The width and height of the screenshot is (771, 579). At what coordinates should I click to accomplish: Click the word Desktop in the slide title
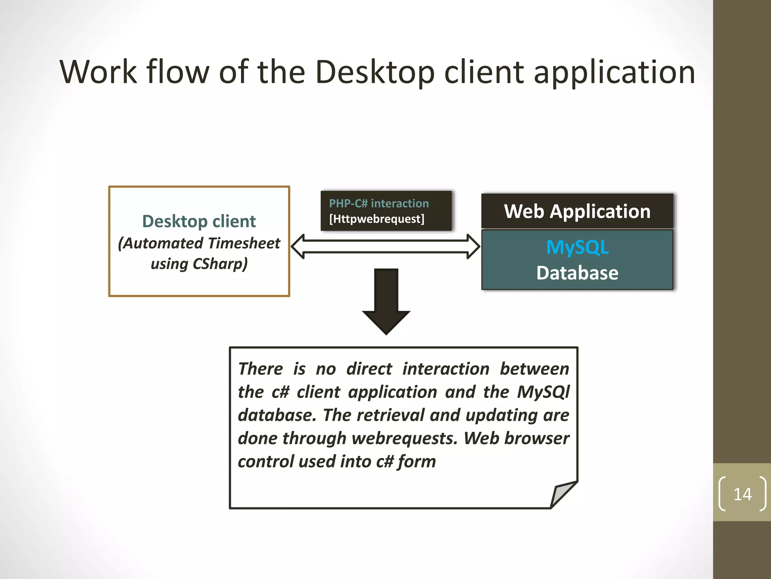375,72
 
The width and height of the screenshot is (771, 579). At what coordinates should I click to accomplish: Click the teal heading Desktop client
199,221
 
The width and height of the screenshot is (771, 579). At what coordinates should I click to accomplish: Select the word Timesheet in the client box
244,243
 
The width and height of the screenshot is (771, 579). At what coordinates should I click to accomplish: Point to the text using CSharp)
199,264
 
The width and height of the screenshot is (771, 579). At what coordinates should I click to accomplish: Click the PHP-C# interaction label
379,204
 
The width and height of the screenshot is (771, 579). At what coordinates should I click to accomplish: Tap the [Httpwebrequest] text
376,219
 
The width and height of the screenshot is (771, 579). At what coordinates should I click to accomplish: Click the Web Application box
577,211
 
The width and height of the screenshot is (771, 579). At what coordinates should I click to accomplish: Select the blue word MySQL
577,248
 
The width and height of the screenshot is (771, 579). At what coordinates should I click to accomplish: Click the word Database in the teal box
577,273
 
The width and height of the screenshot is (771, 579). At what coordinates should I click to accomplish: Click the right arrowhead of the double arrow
473,247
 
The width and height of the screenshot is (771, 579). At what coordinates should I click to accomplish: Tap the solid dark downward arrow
386,302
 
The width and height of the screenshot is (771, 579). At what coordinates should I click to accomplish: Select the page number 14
742,494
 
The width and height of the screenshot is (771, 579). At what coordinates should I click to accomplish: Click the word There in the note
261,369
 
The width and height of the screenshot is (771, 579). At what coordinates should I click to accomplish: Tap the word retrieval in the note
390,415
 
